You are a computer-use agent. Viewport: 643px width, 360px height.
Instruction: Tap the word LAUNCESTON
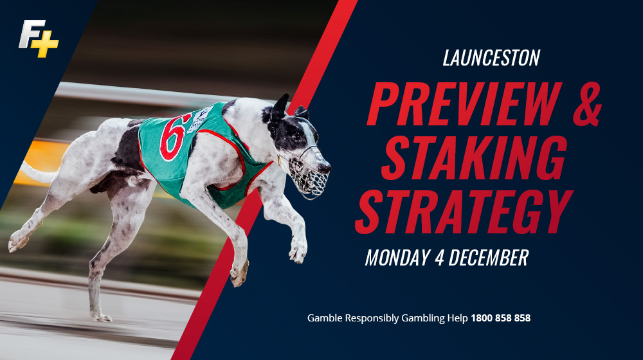click(491, 58)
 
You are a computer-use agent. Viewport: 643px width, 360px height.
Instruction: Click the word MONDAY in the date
click(396, 258)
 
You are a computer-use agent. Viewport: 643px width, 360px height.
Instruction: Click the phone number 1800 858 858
click(500, 318)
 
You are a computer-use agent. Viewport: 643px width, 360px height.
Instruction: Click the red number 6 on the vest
click(174, 136)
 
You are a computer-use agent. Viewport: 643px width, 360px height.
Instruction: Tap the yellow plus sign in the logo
click(47, 45)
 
